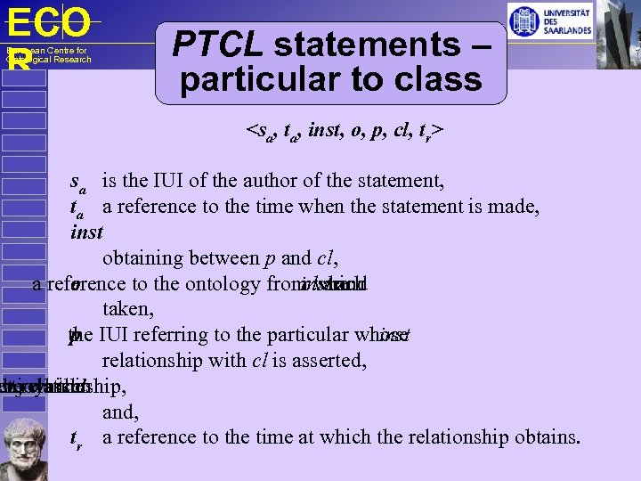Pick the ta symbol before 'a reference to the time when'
tap(77, 208)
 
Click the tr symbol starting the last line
tap(77, 438)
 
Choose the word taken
tap(127, 309)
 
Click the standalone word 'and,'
tap(121, 412)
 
